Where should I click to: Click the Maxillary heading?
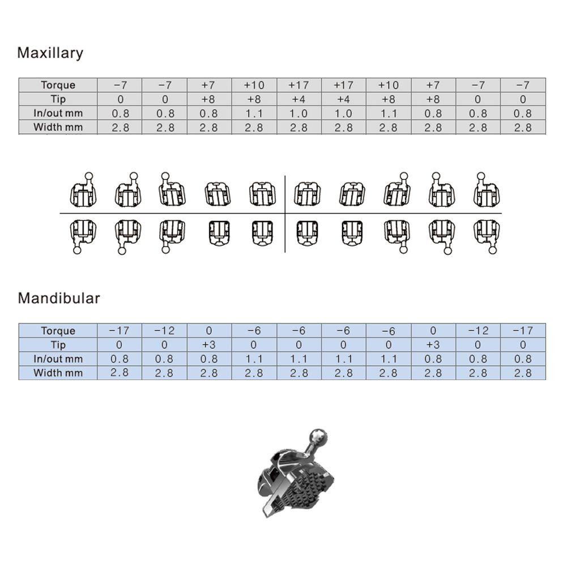[50, 53]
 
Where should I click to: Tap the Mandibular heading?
[58, 298]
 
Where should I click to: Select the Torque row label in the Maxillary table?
[58, 85]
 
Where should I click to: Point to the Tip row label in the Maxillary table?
[58, 99]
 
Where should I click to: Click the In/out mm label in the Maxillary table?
[58, 113]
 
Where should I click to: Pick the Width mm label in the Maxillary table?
[58, 127]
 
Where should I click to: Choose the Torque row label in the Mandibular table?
[58, 331]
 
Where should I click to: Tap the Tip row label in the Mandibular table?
[58, 345]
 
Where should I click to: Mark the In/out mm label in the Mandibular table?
[58, 359]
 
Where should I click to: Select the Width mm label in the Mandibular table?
[58, 373]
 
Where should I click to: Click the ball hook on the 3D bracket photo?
[318, 437]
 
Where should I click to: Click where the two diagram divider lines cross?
[285, 214]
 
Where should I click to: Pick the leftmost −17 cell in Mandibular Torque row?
[119, 331]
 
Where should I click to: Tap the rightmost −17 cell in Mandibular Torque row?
[523, 331]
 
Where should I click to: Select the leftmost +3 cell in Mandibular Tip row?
[209, 345]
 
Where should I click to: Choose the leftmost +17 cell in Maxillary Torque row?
[298, 85]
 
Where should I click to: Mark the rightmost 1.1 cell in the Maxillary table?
[388, 113]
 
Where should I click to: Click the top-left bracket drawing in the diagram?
[83, 191]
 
